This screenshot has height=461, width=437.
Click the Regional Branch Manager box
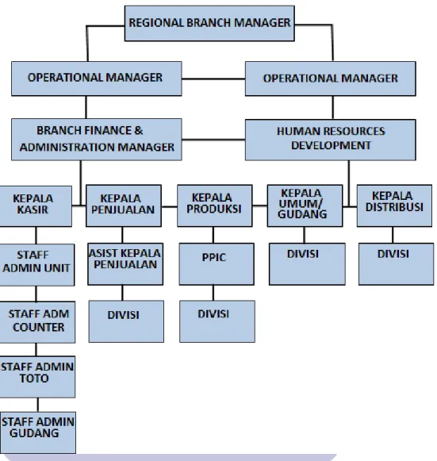click(x=209, y=23)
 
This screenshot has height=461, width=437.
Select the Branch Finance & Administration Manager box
click(x=97, y=140)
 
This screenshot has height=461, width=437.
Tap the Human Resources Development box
click(x=330, y=140)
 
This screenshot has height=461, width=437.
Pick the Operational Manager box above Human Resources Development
click(x=330, y=79)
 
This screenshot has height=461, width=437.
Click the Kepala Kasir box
click(x=35, y=206)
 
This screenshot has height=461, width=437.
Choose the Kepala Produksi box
click(x=214, y=206)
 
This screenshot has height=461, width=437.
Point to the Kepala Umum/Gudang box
click(x=305, y=206)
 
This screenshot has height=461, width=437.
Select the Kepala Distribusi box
click(x=394, y=206)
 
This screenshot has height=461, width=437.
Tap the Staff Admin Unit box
click(x=36, y=264)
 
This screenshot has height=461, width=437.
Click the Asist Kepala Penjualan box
click(x=125, y=263)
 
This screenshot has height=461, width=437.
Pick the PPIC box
click(x=217, y=263)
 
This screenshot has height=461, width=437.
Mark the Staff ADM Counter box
click(x=37, y=322)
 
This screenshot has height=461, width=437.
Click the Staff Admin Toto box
click(x=37, y=377)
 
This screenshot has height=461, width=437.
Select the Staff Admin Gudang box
click(x=37, y=432)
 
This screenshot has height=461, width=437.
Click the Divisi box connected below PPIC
click(x=217, y=321)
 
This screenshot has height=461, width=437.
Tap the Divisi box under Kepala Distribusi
click(x=396, y=263)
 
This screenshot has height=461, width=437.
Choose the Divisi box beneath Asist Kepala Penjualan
click(x=126, y=321)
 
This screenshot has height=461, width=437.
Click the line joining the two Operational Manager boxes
click(x=213, y=79)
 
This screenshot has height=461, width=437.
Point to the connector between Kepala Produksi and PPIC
click(x=213, y=235)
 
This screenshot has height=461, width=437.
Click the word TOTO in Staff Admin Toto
click(x=34, y=378)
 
